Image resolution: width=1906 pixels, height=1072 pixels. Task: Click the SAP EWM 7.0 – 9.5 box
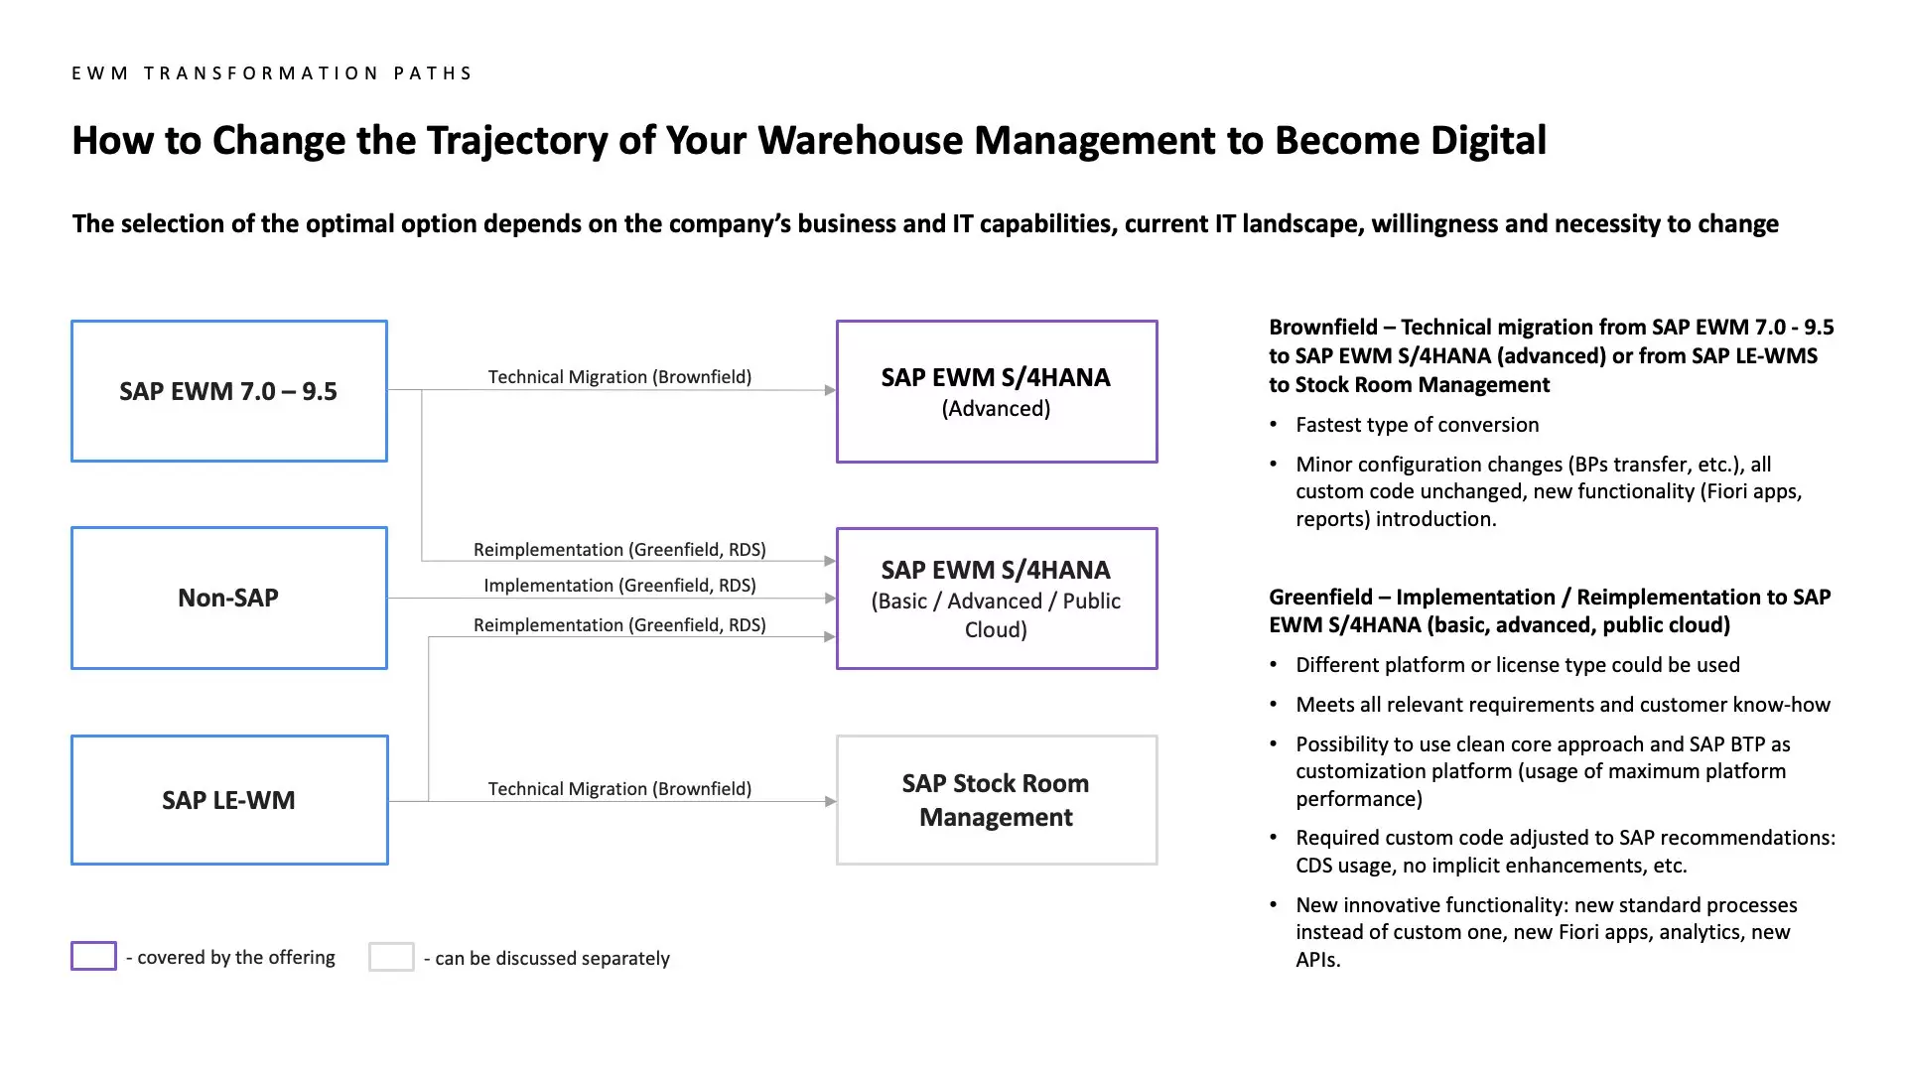228,391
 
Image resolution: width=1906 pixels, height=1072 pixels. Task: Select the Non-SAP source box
228,598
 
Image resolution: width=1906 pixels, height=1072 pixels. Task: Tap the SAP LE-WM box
228,800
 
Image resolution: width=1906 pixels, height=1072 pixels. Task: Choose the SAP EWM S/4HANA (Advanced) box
996,391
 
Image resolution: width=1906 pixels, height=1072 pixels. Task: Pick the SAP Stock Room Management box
996,800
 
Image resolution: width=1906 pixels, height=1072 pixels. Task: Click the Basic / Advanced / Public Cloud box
996,599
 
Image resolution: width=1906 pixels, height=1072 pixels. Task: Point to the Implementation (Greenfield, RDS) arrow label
619,586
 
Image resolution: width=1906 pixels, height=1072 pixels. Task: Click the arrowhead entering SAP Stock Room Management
830,801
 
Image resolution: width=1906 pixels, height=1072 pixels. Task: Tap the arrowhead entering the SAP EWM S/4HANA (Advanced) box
830,390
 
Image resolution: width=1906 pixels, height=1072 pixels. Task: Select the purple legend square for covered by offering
93,956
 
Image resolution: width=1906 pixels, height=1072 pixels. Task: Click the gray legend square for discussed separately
391,957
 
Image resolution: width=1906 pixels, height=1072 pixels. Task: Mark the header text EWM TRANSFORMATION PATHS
272,73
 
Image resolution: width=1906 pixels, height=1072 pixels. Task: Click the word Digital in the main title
1488,141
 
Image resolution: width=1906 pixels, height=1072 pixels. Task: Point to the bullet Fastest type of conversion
1417,425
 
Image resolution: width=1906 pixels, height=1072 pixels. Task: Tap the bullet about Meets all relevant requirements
1563,705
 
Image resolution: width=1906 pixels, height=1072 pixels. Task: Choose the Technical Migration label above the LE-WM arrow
619,789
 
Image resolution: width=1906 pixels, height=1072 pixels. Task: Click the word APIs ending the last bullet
1317,960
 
